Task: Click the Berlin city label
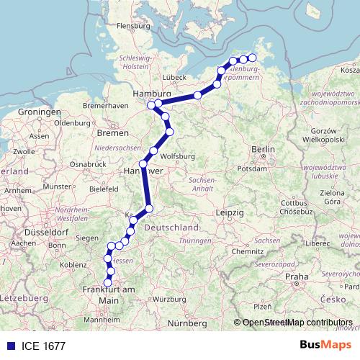264,150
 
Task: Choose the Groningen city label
39,113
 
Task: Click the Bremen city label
112,133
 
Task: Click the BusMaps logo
325,346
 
